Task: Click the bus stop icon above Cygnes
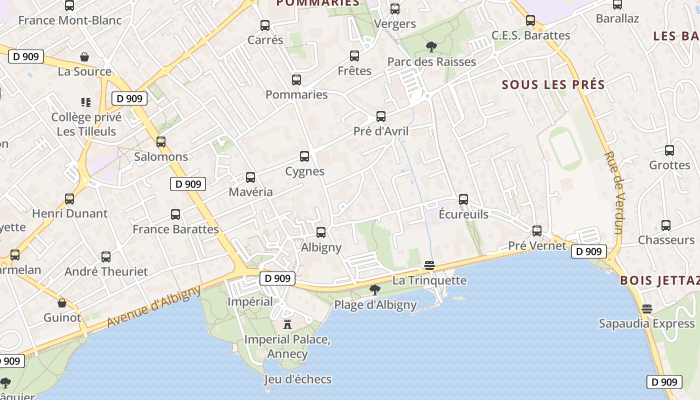[x=304, y=156]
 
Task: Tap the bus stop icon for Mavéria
[x=250, y=177]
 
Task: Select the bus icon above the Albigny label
[x=321, y=232]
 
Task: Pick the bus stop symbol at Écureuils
[x=463, y=199]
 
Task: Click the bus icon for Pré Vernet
[x=537, y=231]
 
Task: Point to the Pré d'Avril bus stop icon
[x=381, y=116]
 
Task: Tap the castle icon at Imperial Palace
[x=287, y=324]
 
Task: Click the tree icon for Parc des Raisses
[x=431, y=47]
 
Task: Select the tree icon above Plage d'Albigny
[x=374, y=289]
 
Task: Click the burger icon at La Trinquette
[x=429, y=265]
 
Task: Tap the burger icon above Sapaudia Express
[x=647, y=308]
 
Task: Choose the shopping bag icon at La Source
[x=85, y=57]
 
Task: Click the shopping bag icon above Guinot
[x=62, y=303]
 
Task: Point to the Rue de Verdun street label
[x=614, y=193]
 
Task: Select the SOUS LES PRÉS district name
[x=553, y=84]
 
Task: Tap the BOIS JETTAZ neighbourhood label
[x=659, y=280]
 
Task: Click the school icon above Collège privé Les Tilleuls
[x=86, y=102]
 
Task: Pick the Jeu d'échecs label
[x=298, y=379]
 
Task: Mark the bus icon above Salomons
[x=161, y=142]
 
